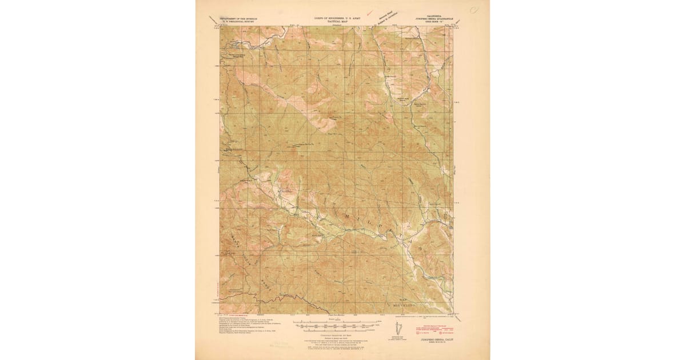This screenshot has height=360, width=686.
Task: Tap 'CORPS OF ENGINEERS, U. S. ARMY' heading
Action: click(x=337, y=18)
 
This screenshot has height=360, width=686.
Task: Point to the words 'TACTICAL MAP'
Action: click(x=337, y=21)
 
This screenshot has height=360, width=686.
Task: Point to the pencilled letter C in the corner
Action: click(x=474, y=10)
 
